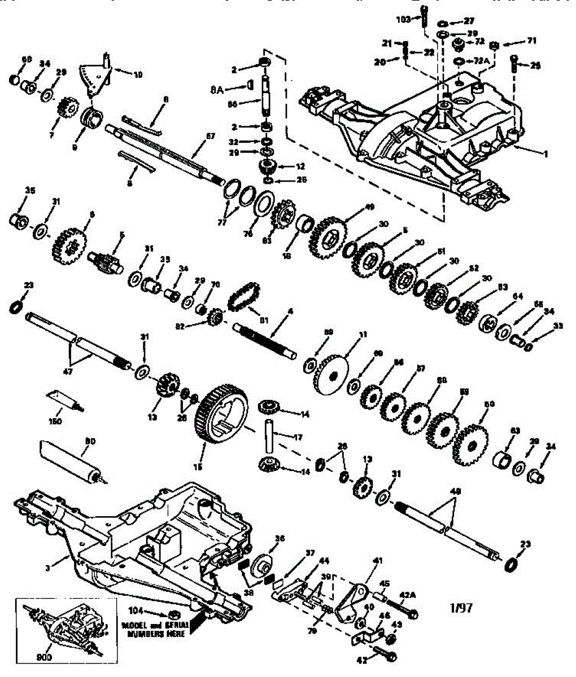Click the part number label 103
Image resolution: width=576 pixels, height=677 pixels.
403,19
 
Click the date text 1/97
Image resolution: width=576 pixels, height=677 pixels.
461,608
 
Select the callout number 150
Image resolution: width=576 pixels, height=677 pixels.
56,421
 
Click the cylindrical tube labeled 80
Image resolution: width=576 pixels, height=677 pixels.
67,459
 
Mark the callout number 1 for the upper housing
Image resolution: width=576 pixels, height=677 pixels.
546,153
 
